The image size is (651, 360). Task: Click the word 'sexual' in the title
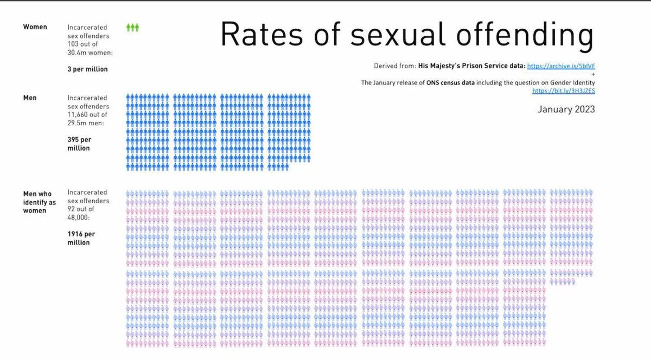tap(388, 35)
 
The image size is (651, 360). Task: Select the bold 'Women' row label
tap(35, 27)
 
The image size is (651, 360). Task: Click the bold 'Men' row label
tap(30, 98)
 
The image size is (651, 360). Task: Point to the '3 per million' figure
tap(87, 69)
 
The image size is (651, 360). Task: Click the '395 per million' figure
tap(79, 144)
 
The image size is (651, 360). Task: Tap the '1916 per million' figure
tap(79, 238)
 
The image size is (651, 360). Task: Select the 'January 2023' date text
tap(566, 110)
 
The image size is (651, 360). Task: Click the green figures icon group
tap(132, 27)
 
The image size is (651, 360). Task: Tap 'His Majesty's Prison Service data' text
tap(471, 66)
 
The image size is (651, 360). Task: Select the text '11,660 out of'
tap(87, 115)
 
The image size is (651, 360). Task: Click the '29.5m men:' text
tap(85, 124)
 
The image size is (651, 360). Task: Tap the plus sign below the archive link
tap(593, 74)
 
